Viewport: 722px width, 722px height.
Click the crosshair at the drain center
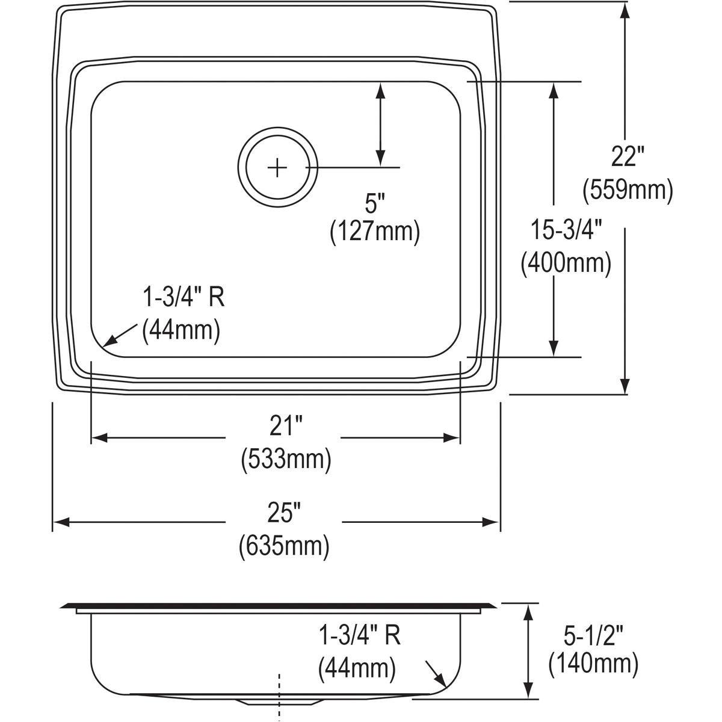tap(277, 167)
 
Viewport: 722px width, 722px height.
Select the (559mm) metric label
tap(627, 191)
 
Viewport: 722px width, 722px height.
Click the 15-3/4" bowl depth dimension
tap(566, 230)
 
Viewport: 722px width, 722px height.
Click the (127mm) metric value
tap(374, 232)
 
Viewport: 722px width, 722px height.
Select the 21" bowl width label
tap(285, 428)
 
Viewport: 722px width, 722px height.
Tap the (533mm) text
tap(286, 460)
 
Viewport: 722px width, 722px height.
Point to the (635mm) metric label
tap(284, 546)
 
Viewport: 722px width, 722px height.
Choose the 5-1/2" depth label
tap(593, 633)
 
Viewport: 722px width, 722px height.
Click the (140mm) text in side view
tap(593, 664)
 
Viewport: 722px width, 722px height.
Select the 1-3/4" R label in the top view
tap(183, 297)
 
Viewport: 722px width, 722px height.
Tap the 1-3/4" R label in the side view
tap(359, 635)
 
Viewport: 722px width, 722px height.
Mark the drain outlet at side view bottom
tap(279, 702)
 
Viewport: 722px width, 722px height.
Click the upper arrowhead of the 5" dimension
tap(380, 89)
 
